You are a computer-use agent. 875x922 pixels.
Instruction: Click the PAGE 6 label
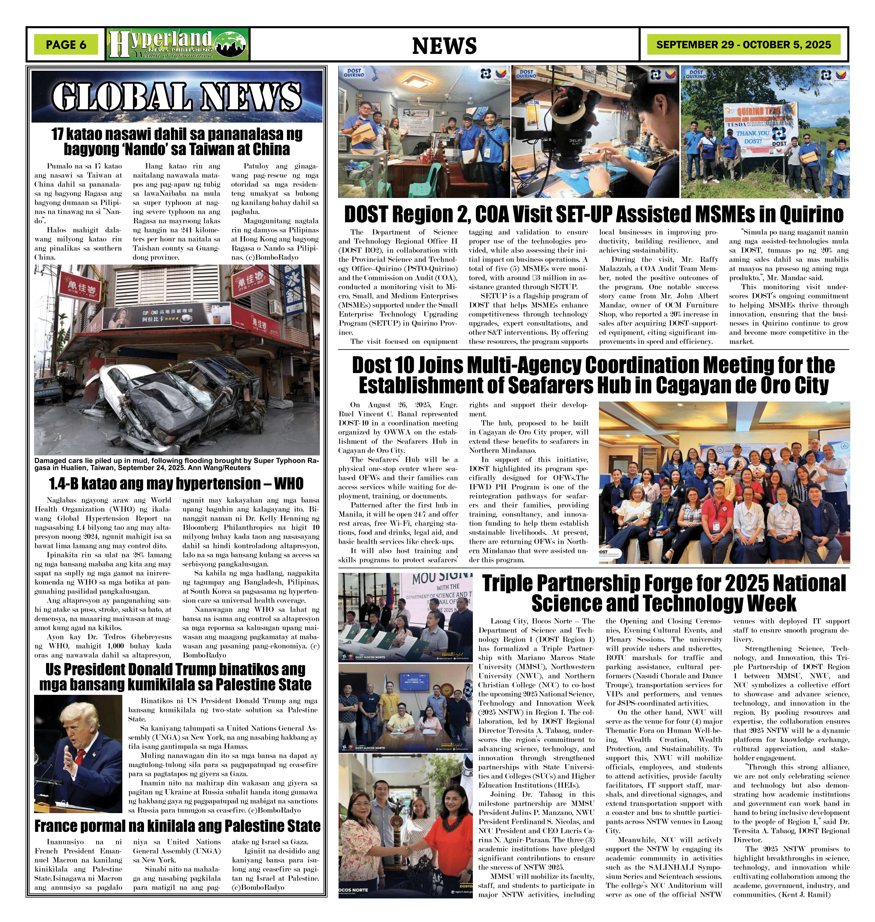point(66,45)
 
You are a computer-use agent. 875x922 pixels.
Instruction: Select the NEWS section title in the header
point(444,46)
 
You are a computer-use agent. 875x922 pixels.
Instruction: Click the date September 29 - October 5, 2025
point(743,45)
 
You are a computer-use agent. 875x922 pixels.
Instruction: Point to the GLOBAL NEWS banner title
point(177,97)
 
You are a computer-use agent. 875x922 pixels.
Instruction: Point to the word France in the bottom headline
point(56,826)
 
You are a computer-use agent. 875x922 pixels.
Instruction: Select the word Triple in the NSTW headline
point(507,584)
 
